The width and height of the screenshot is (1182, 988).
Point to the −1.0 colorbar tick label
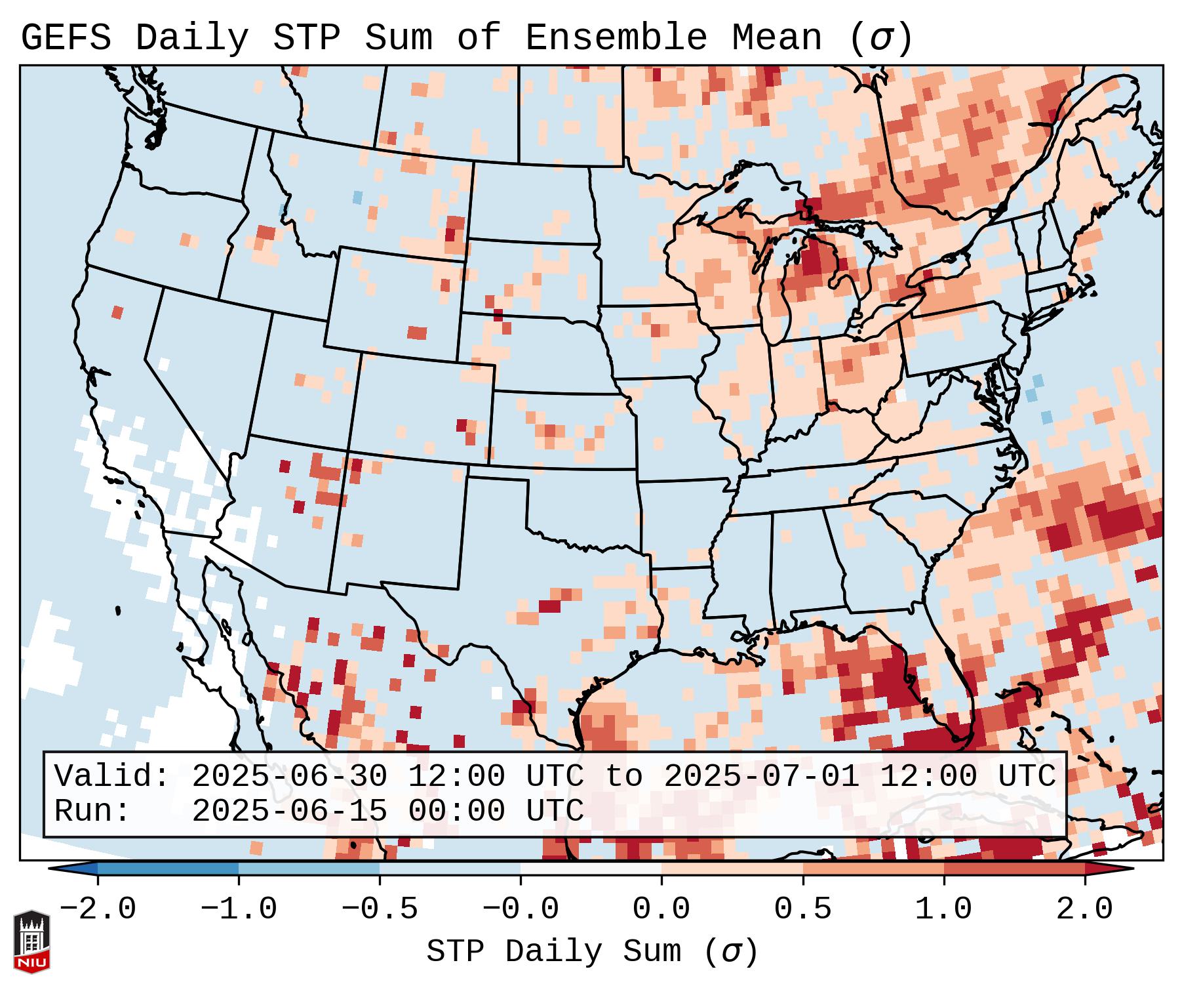(x=238, y=909)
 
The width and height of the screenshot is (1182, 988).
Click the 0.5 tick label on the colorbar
(x=802, y=909)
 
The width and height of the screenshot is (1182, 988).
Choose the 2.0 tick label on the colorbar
(x=1084, y=909)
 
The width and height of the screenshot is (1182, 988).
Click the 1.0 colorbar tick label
(x=943, y=909)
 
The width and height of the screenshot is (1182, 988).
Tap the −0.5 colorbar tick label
(x=379, y=909)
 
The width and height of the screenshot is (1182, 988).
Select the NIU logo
(x=31, y=941)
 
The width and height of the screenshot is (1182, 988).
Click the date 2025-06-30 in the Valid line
(x=290, y=777)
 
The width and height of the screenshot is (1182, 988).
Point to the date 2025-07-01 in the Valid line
(x=762, y=777)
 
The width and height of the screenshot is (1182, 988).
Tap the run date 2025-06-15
(x=290, y=812)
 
